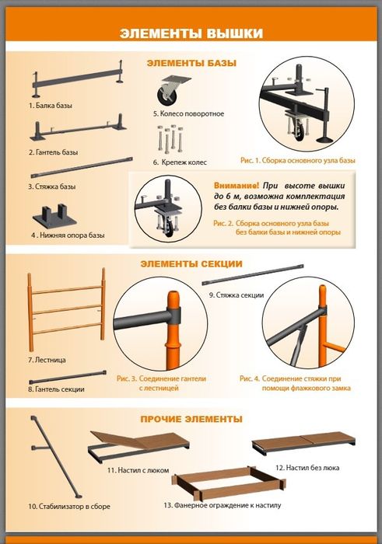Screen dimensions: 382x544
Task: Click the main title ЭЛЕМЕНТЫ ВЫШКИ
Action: click(x=191, y=33)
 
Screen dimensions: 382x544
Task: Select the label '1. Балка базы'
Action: click(x=51, y=106)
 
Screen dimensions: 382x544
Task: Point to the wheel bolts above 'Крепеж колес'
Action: click(x=171, y=138)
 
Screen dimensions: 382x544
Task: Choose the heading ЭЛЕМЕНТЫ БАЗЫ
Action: click(x=191, y=63)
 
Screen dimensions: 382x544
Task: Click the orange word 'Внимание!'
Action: click(x=237, y=185)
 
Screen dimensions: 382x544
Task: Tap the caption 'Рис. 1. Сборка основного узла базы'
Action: click(x=298, y=161)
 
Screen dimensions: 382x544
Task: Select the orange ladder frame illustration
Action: click(x=66, y=309)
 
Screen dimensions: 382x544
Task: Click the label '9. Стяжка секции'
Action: click(x=237, y=295)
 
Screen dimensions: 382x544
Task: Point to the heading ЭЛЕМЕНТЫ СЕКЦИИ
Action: click(x=191, y=264)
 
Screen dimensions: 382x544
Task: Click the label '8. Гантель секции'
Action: click(x=56, y=389)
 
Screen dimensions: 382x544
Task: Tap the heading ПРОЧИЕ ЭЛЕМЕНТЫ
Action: click(x=191, y=419)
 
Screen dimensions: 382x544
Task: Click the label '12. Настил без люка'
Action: click(x=307, y=468)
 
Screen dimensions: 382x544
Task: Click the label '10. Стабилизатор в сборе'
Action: click(x=69, y=507)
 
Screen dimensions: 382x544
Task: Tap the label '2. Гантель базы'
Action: click(x=54, y=152)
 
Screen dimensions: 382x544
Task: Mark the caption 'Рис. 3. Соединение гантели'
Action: click(x=162, y=379)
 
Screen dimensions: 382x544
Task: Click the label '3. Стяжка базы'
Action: click(x=52, y=187)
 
